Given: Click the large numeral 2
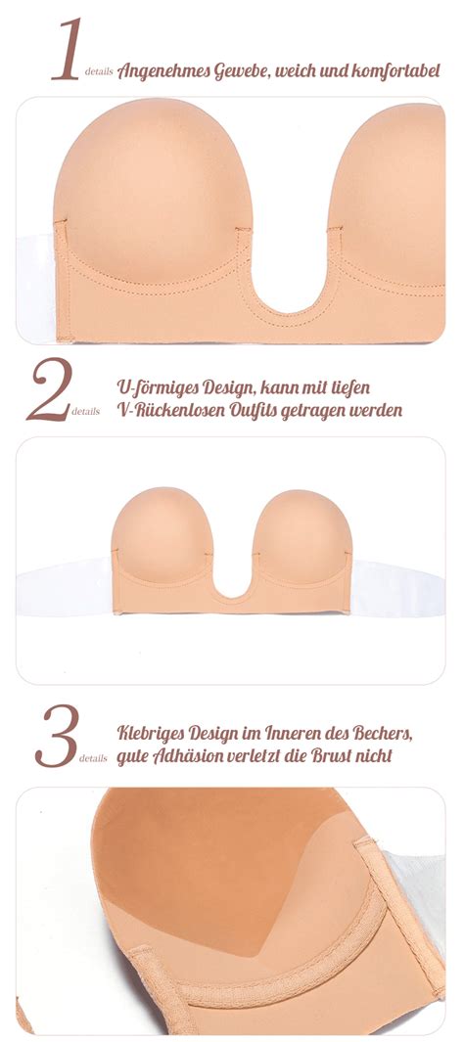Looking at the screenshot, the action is point(49,389).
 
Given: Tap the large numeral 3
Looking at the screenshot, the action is point(57,735).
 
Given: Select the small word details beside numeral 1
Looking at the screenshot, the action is point(99,71).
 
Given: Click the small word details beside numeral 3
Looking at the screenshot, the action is point(93,758).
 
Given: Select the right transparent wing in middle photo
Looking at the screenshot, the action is point(396,588).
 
